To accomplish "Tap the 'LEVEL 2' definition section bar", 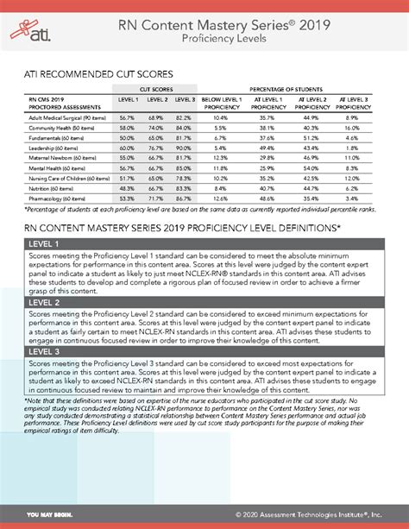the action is [204, 303].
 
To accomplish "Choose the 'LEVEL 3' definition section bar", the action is [204, 352].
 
